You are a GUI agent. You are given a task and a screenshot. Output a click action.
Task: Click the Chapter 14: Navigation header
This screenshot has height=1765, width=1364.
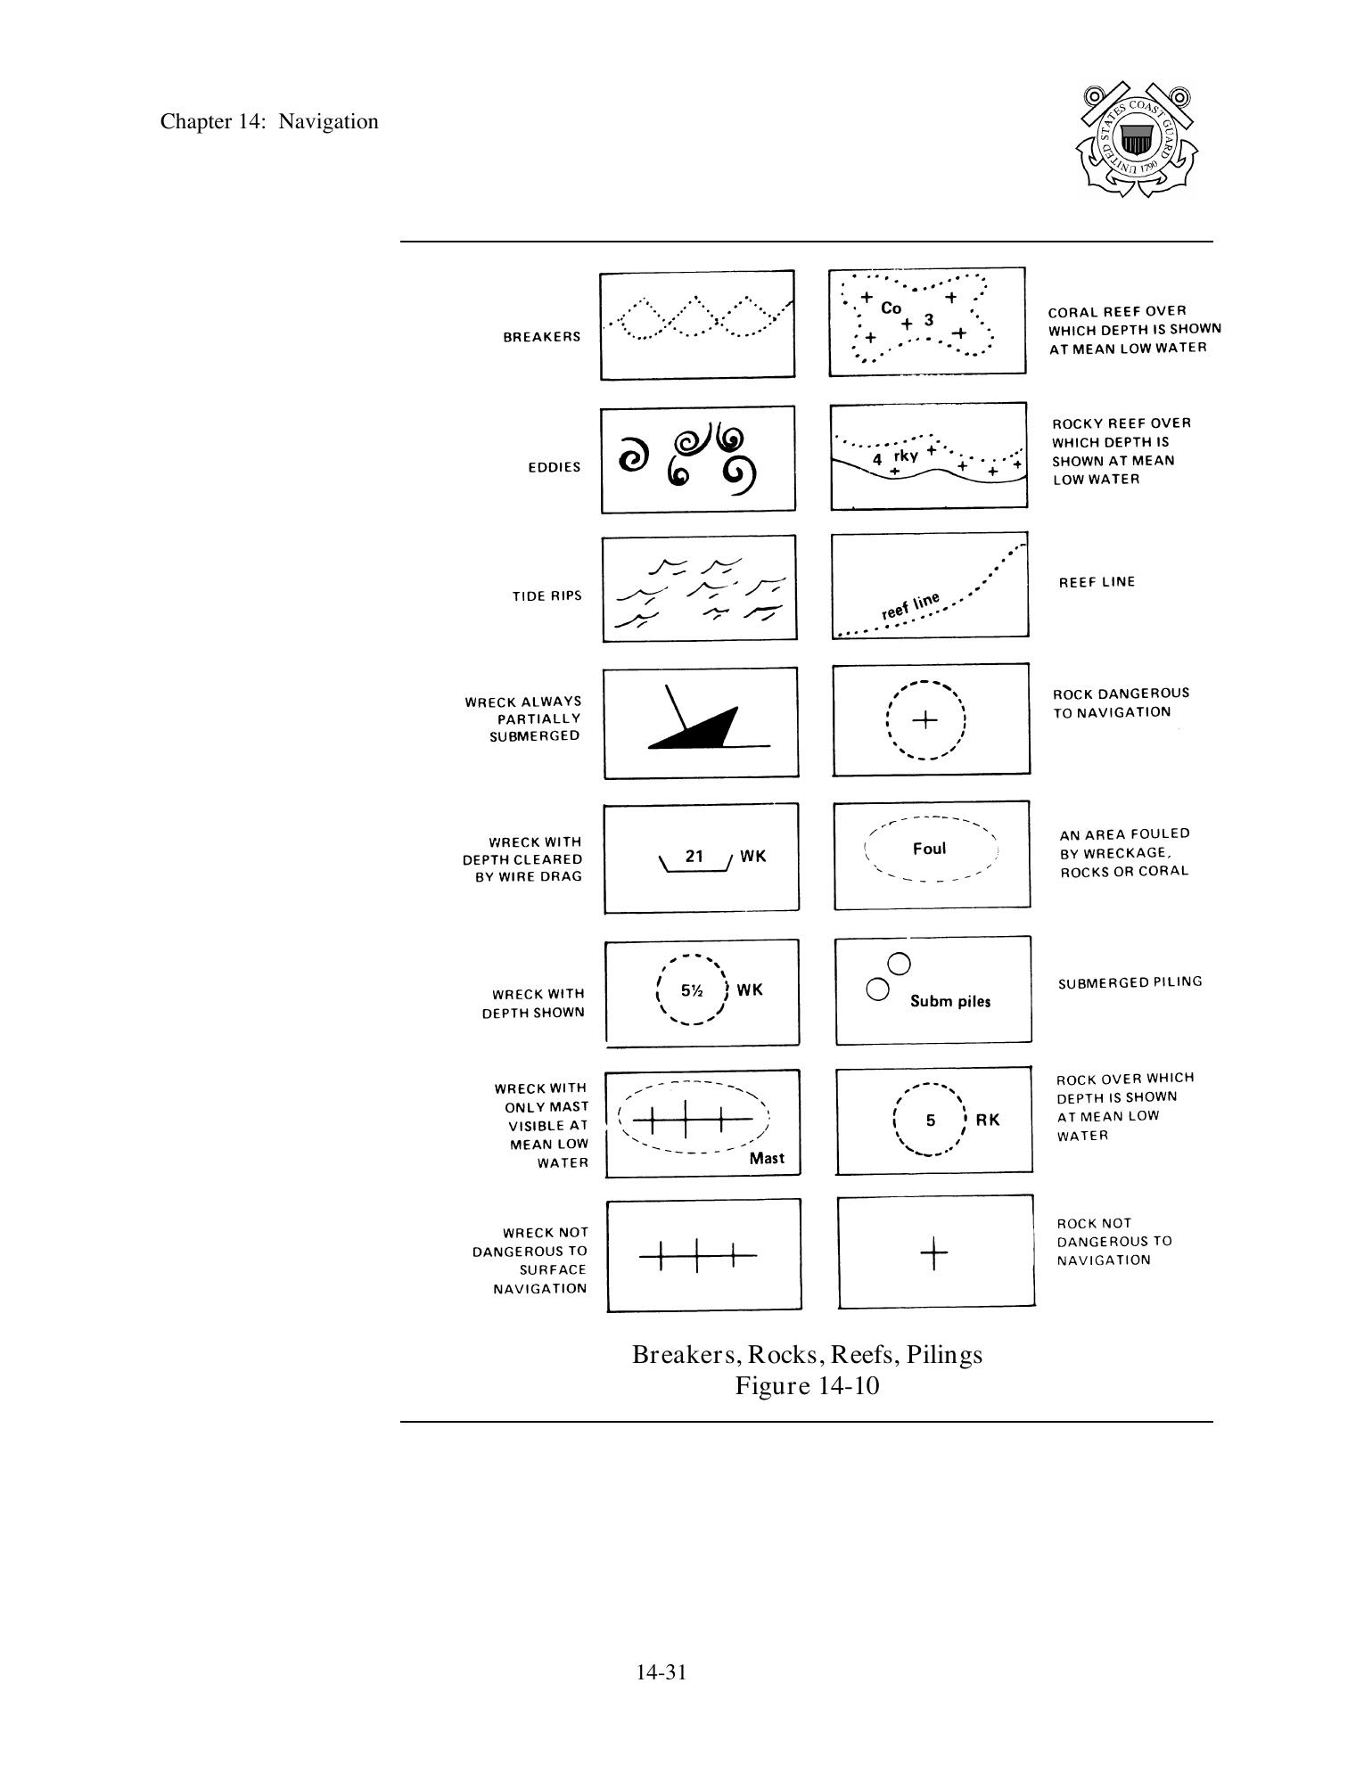269,122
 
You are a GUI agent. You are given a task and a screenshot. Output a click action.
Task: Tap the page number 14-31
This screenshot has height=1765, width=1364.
661,1672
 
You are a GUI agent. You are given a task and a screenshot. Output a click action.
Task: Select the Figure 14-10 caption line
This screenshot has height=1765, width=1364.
807,1386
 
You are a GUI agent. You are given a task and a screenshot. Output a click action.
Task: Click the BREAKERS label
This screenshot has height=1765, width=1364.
541,337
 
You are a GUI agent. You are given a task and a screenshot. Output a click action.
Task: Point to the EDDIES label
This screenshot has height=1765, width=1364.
554,467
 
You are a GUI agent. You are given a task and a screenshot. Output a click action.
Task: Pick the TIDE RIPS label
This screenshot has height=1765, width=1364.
546,595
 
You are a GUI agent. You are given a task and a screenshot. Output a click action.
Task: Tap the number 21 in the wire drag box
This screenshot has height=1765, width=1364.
694,857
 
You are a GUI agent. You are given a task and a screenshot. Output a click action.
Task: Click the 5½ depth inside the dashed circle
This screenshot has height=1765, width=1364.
692,990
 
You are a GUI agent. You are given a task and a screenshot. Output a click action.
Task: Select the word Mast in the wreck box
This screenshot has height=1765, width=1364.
767,1158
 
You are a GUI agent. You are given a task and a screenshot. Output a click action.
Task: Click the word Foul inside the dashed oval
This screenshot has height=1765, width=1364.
929,849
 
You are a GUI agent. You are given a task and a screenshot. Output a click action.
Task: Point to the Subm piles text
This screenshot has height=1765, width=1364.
950,1001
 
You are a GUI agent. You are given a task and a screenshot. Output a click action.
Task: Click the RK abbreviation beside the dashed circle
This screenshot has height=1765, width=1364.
988,1121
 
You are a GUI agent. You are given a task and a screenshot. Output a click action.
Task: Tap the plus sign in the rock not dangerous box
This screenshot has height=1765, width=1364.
933,1254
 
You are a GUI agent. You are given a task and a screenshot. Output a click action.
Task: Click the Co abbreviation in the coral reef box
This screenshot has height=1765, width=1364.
891,308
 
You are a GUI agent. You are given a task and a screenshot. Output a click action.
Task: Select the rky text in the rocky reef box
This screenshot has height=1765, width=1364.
906,456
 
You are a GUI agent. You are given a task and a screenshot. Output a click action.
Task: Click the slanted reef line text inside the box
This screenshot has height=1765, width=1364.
910,606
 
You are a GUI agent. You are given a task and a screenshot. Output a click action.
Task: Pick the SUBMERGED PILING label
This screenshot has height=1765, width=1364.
1130,982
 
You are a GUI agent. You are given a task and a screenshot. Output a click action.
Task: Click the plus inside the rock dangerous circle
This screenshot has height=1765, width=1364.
925,720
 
